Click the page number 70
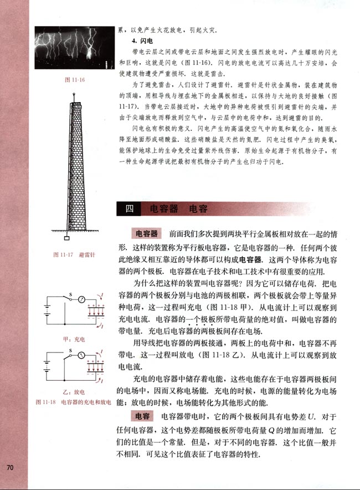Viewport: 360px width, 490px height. tap(9, 467)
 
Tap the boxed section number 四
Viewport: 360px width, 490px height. tap(130, 209)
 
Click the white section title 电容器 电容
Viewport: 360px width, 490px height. tap(174, 209)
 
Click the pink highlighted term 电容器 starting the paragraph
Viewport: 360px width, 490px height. tap(143, 232)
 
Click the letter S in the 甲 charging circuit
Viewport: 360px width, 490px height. tap(70, 294)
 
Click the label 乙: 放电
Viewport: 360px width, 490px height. tap(74, 390)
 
